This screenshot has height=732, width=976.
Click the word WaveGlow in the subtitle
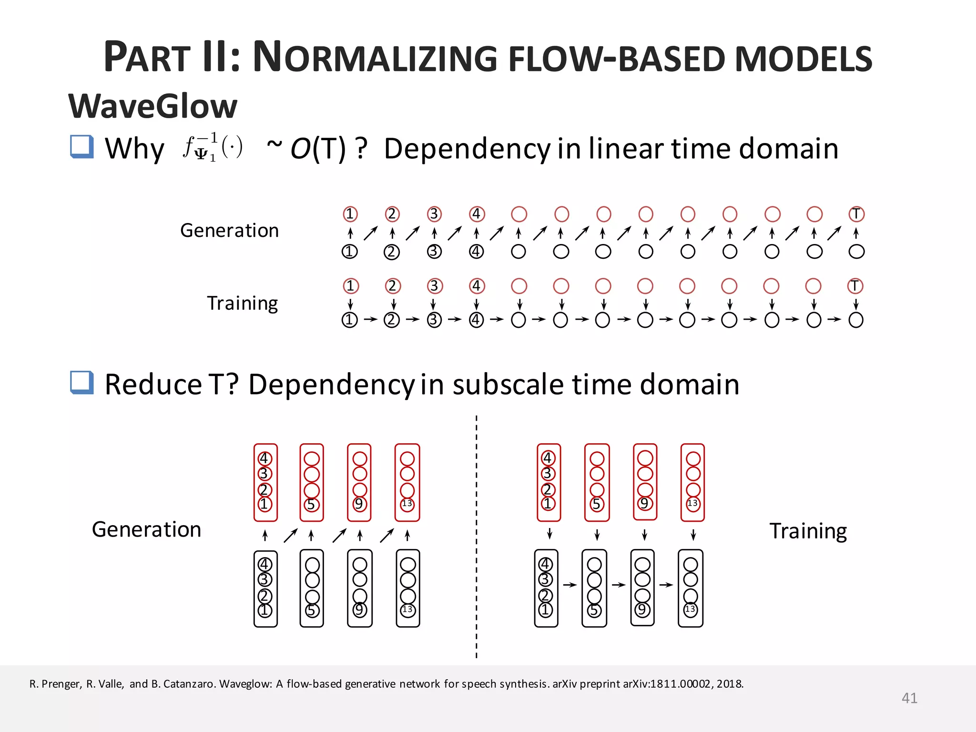click(x=152, y=106)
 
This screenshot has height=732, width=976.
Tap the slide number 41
click(x=909, y=698)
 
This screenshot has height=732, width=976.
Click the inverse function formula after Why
click(x=213, y=147)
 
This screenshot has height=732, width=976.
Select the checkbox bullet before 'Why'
click(x=81, y=146)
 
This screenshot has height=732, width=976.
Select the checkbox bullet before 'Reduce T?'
click(x=81, y=383)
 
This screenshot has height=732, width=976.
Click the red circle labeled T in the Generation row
click(x=856, y=214)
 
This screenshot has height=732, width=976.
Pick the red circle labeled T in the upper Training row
click(x=855, y=286)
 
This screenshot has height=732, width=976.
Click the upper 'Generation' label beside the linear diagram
click(x=229, y=231)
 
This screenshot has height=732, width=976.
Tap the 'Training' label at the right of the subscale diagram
click(x=808, y=531)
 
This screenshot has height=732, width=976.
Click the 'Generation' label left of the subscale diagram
click(x=146, y=529)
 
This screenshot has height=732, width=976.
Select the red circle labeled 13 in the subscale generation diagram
click(x=407, y=504)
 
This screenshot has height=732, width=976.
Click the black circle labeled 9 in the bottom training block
click(x=642, y=610)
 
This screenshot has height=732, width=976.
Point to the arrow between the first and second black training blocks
click(x=570, y=585)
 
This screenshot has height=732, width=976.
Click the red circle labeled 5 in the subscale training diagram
click(x=597, y=504)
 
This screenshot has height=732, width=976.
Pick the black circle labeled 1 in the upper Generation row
click(x=350, y=251)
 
